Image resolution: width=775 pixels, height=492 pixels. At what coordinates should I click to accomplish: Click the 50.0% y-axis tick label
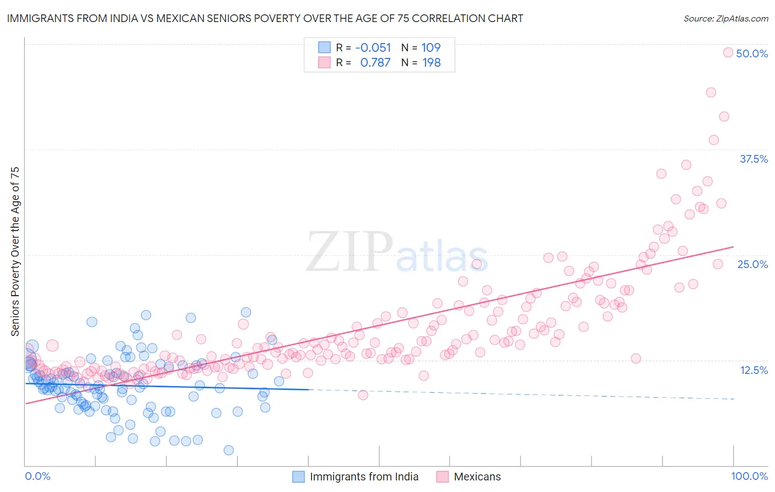pos(752,54)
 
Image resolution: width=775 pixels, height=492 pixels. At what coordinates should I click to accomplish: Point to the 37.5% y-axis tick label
pos(754,159)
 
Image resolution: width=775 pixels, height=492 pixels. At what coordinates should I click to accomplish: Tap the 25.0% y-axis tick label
pos(752,264)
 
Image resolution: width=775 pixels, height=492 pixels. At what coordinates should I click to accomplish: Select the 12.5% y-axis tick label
pos(754,370)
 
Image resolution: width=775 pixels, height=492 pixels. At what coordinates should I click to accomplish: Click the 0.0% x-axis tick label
pos(37,476)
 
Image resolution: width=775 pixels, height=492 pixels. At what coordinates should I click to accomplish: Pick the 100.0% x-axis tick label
pos(749,476)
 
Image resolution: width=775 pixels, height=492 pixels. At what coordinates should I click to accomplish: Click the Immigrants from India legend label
pos(364,477)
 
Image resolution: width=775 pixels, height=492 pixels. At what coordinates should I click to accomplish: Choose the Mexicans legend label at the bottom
pos(477,477)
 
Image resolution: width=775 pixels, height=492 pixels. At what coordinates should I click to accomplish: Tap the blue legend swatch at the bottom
pos(298,477)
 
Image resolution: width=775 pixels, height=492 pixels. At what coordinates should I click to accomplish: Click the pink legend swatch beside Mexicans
pos(443,477)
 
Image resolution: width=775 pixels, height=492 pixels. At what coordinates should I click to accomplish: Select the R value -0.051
pos(373,48)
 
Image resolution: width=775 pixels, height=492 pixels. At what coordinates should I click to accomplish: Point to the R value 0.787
pos(375,63)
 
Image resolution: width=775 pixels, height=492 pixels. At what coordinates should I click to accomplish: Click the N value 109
pos(431,48)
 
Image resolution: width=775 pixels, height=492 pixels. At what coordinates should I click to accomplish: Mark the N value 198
pos(431,63)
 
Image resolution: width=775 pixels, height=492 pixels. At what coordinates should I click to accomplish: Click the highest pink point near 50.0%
pos(728,52)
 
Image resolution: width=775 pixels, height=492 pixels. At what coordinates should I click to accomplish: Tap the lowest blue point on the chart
pos(229,450)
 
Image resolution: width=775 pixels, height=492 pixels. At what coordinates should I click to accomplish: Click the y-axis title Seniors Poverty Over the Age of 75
pos(15,252)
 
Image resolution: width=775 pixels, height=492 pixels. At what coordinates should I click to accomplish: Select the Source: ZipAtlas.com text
pos(725,19)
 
